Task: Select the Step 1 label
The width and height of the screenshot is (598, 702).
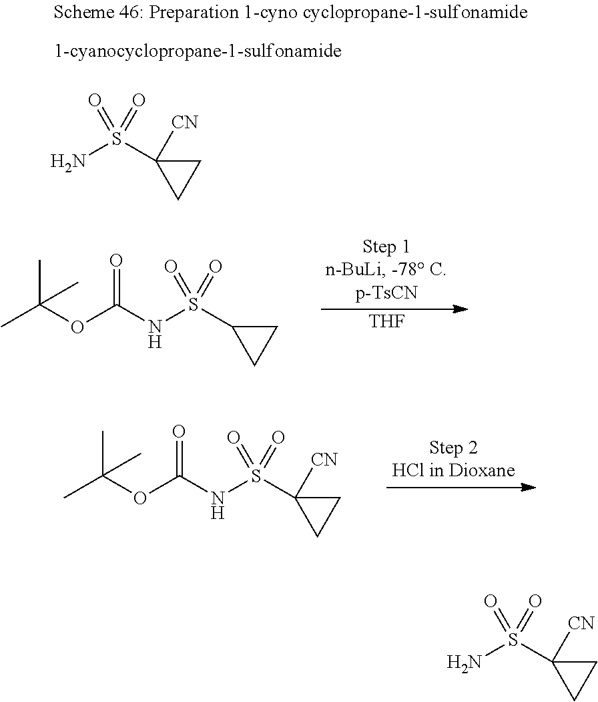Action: click(386, 246)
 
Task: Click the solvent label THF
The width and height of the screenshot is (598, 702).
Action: click(386, 322)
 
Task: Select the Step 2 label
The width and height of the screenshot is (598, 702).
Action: click(453, 447)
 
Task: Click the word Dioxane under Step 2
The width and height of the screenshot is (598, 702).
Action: click(481, 470)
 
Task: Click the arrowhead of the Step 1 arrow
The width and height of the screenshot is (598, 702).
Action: click(461, 309)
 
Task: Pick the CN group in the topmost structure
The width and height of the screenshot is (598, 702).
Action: click(185, 122)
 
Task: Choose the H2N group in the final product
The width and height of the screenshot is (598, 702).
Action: click(464, 663)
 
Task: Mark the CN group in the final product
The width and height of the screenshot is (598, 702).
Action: click(581, 624)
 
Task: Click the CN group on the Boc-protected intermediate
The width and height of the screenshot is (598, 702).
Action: click(324, 460)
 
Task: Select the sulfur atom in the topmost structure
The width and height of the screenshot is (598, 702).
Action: click(117, 139)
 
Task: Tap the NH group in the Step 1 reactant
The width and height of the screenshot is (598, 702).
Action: click(155, 333)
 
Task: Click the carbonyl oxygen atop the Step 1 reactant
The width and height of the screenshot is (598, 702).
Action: click(116, 260)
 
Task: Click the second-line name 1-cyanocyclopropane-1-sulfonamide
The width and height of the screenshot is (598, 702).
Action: click(198, 51)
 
